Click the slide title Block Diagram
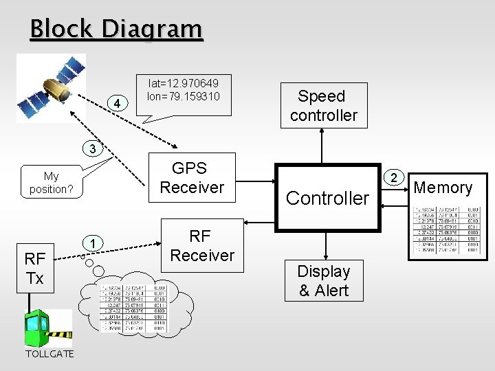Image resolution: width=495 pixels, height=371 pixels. [116, 30]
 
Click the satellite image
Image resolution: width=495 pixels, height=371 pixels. [52, 88]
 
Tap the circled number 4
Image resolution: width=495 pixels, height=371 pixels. [119, 104]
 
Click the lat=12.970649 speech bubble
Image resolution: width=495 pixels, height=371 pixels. [183, 89]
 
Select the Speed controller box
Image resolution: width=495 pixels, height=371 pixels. [323, 106]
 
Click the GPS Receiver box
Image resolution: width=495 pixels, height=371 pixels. [192, 178]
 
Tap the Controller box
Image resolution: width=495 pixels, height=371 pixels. [327, 198]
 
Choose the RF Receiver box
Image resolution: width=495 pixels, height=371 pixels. [202, 246]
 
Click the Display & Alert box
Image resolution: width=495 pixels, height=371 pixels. [323, 281]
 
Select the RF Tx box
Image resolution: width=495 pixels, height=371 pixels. [34, 268]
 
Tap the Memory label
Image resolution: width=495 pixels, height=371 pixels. [443, 188]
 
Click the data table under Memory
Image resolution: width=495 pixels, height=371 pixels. [443, 231]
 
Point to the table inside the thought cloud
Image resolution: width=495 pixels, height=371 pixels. [134, 308]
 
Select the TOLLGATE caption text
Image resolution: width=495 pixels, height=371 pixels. [47, 355]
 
